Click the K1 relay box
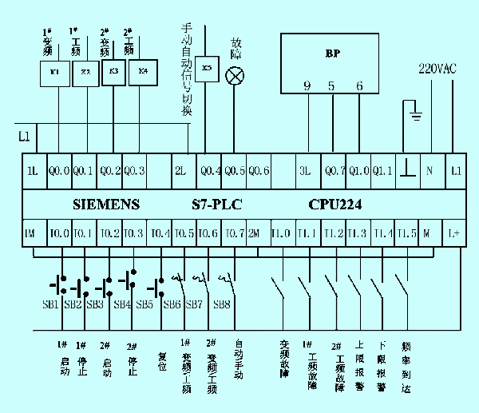click(54, 72)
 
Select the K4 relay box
click(143, 71)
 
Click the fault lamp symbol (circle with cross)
click(236, 76)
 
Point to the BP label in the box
click(332, 54)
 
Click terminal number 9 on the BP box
click(307, 86)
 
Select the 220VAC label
click(437, 69)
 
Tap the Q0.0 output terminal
click(59, 170)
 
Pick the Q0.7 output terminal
click(335, 170)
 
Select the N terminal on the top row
click(430, 170)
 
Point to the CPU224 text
click(335, 205)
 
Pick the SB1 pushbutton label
click(49, 304)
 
